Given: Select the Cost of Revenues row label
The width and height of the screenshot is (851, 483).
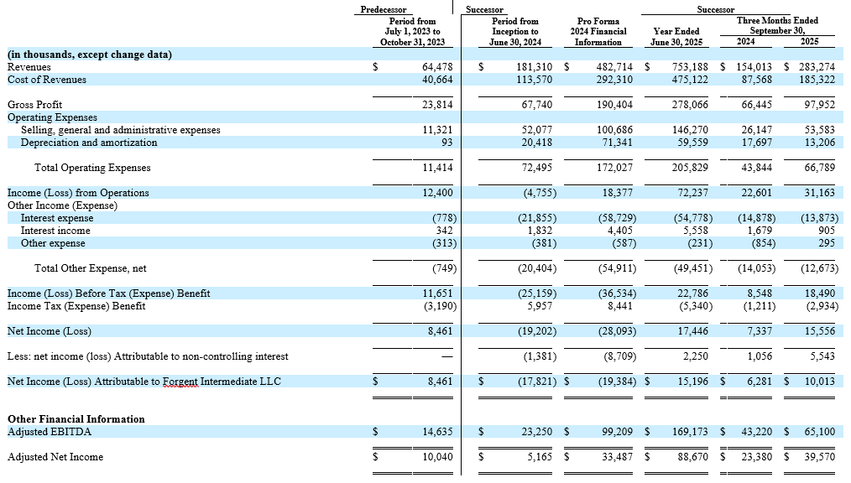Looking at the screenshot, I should [x=47, y=80].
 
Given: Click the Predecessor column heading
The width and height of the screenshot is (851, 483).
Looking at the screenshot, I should [x=384, y=9].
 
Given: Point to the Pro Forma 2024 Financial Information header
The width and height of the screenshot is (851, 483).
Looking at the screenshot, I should [x=598, y=31].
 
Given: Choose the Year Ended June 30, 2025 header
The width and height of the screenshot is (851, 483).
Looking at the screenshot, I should [x=676, y=36].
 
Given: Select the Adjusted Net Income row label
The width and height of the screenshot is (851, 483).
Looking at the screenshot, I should [x=55, y=457].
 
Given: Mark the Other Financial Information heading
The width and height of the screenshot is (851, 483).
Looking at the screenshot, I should [x=76, y=418].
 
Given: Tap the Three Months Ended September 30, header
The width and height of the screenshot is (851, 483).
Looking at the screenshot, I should [x=777, y=25].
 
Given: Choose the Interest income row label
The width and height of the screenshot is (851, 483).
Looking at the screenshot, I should [x=55, y=231].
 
